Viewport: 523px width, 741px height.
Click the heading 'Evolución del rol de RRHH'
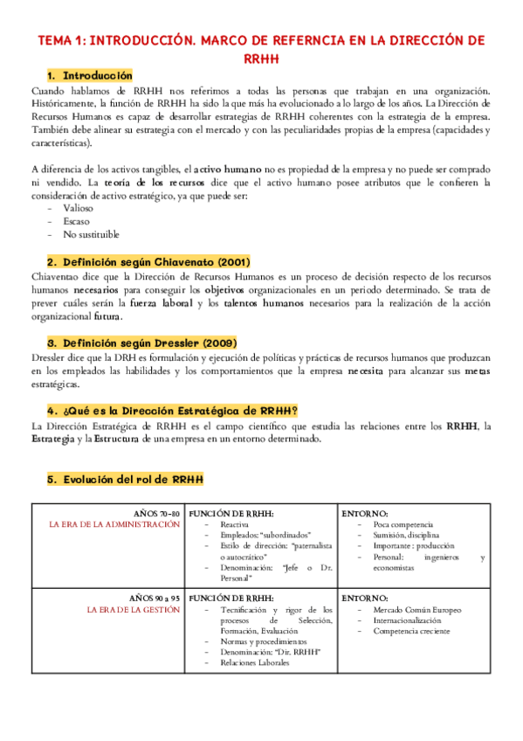click(132, 480)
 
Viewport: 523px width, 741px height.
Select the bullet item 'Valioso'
click(79, 209)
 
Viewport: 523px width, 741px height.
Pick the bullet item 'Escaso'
click(76, 222)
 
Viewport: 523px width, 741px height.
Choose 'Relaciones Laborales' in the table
click(255, 662)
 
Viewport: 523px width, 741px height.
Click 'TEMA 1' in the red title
click(60, 40)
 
